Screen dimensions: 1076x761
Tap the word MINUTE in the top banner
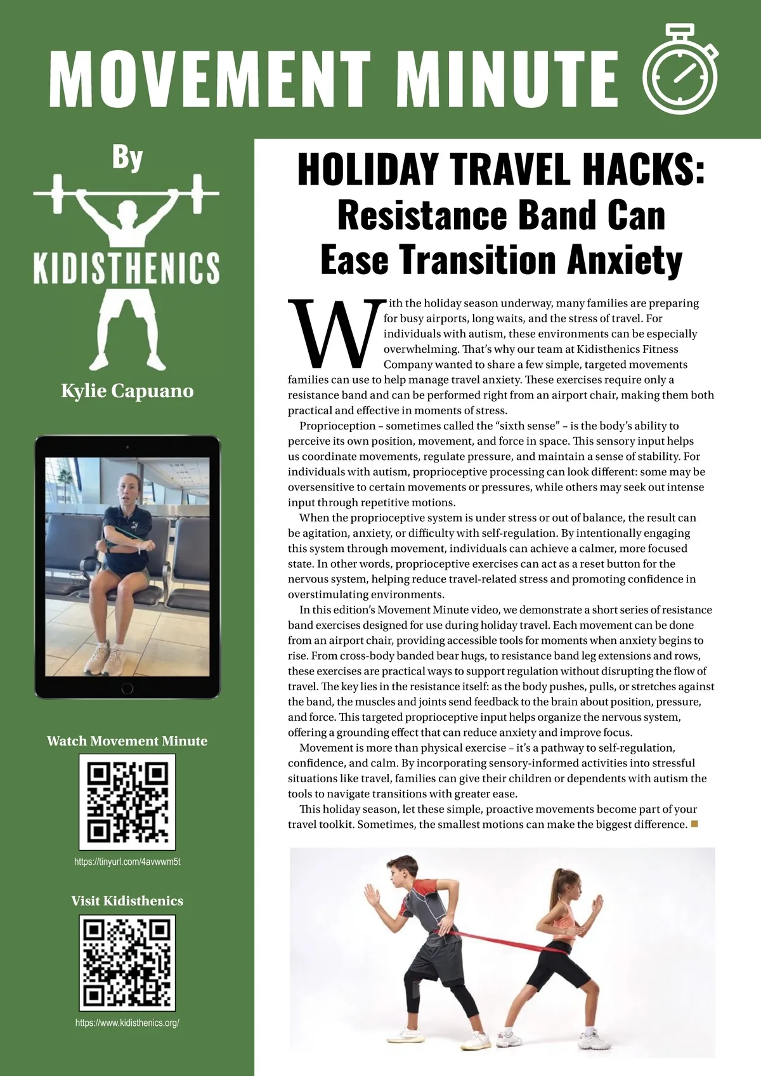coord(511,77)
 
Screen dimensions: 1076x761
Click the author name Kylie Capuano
coord(127,391)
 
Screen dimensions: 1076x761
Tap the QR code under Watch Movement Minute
coord(127,802)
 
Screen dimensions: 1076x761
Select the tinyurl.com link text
coord(127,862)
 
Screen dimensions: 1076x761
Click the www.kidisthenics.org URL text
coord(127,1023)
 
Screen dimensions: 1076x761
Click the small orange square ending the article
coord(694,824)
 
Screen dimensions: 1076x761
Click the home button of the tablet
coord(127,688)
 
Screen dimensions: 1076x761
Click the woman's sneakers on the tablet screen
coord(105,660)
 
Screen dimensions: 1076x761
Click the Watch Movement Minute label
coord(127,741)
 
